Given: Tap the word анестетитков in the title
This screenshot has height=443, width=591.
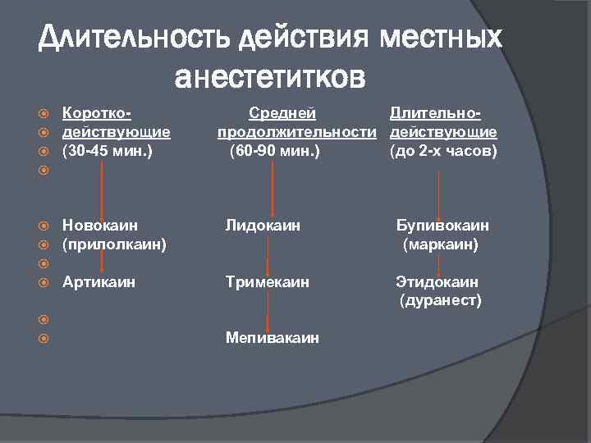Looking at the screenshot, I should click(x=271, y=77).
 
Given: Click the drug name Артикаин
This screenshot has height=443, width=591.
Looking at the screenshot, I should click(x=99, y=282).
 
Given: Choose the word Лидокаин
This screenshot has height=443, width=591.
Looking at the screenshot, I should click(x=263, y=225).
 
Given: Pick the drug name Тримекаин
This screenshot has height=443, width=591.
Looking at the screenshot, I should click(x=268, y=282).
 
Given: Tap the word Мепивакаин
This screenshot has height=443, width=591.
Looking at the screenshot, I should click(x=273, y=338).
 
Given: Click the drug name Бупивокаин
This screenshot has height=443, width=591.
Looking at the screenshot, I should click(x=442, y=225).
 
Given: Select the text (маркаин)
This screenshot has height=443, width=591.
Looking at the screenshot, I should click(x=439, y=244).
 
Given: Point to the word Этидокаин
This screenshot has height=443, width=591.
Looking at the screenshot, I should click(x=438, y=282).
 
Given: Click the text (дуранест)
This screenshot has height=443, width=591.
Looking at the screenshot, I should click(x=440, y=301).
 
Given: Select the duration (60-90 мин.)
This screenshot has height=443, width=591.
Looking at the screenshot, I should click(x=275, y=150).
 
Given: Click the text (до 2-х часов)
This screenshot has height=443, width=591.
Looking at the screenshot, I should click(x=444, y=150).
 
